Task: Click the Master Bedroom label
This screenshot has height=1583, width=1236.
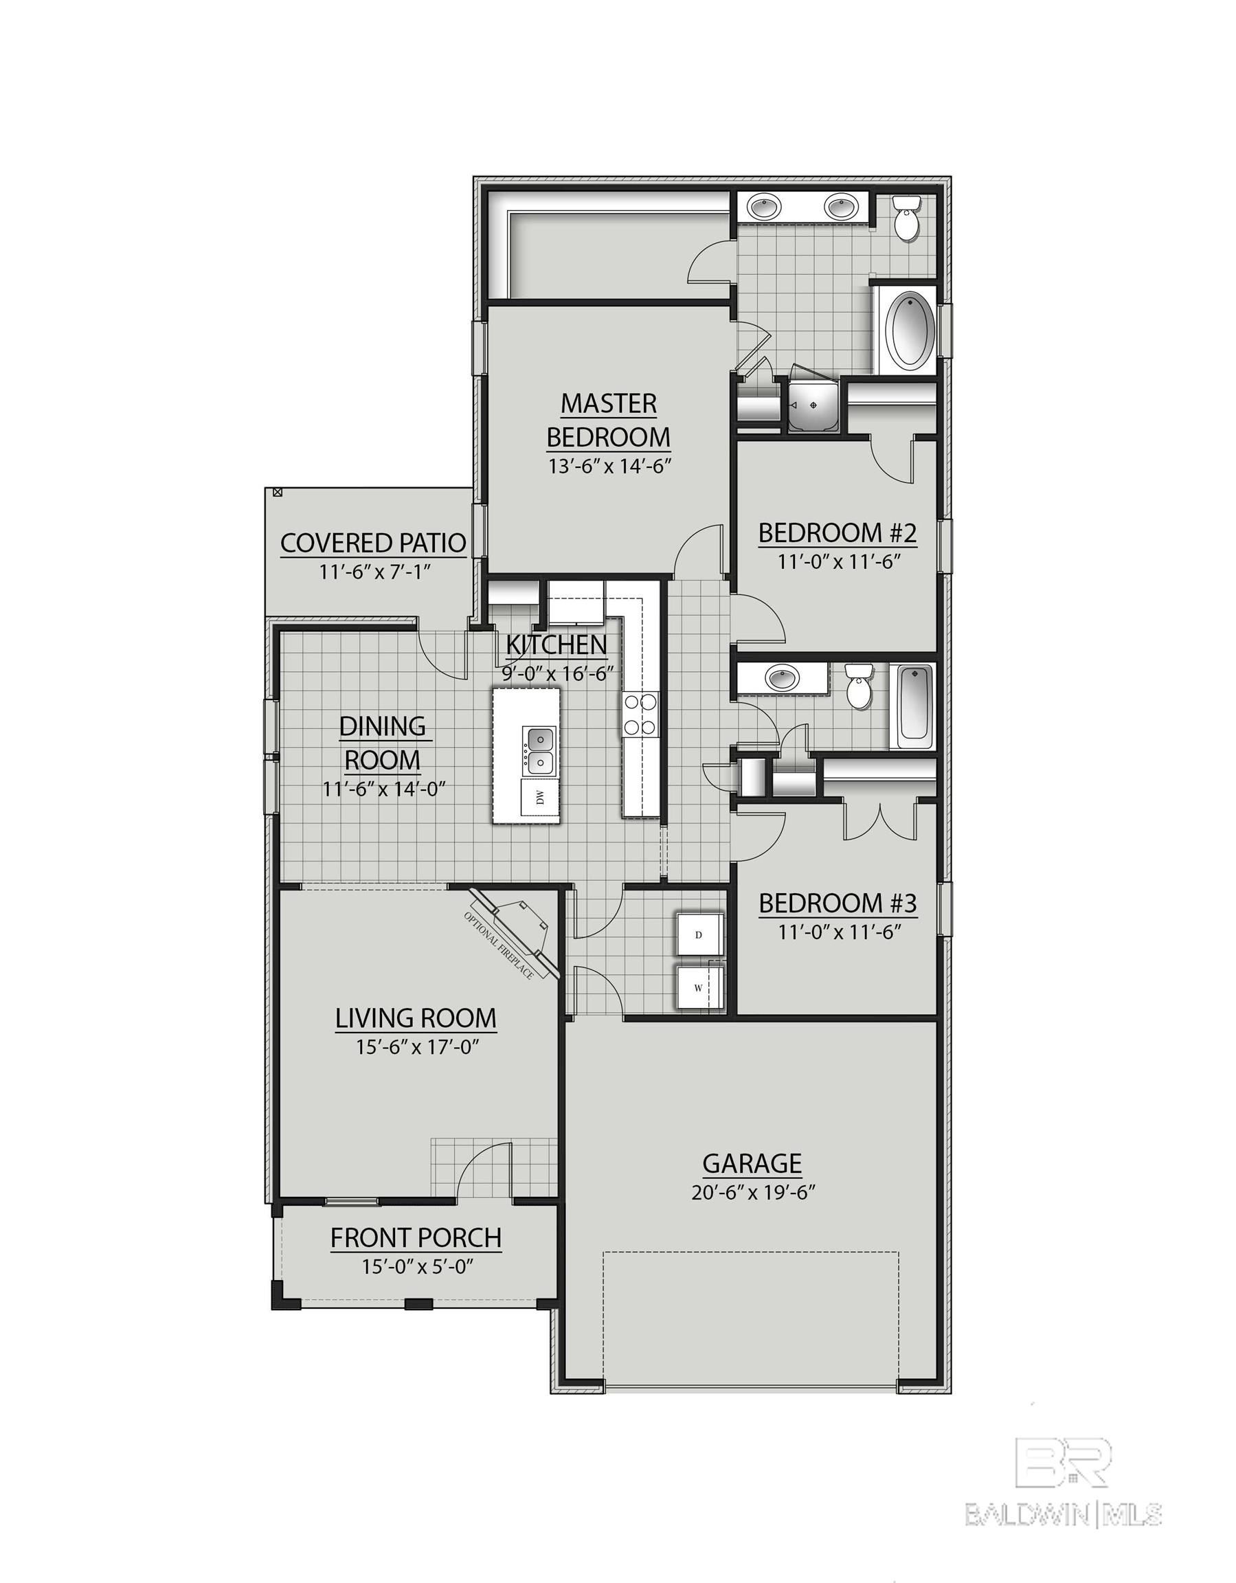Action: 608,420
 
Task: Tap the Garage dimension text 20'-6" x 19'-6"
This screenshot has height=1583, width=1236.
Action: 753,1192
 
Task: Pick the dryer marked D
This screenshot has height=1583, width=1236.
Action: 699,934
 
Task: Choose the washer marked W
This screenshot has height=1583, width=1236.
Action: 699,987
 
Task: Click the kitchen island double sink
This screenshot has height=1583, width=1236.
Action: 539,750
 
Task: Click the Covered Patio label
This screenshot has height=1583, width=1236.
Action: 372,543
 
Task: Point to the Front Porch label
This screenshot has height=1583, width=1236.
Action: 416,1237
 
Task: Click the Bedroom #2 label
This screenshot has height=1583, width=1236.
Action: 838,532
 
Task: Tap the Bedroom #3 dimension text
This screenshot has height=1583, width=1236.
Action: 840,932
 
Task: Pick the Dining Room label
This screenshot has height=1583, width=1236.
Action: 383,743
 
